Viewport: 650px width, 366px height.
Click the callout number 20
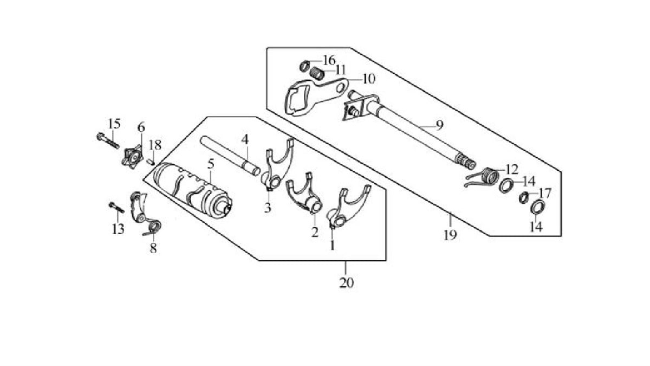347,283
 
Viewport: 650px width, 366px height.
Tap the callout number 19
450,235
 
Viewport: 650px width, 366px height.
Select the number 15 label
114,124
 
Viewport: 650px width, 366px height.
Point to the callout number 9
440,125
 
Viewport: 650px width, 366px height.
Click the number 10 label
368,79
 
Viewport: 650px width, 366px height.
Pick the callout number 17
545,193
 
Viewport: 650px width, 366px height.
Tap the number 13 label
118,229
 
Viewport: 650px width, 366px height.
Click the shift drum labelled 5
192,187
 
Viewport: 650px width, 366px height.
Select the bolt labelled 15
108,140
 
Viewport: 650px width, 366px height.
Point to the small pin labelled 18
152,161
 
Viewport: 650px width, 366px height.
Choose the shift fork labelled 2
304,195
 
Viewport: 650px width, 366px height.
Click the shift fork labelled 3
278,164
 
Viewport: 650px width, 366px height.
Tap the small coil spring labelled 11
317,73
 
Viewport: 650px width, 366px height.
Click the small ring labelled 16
305,67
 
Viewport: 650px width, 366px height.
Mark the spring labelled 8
154,226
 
